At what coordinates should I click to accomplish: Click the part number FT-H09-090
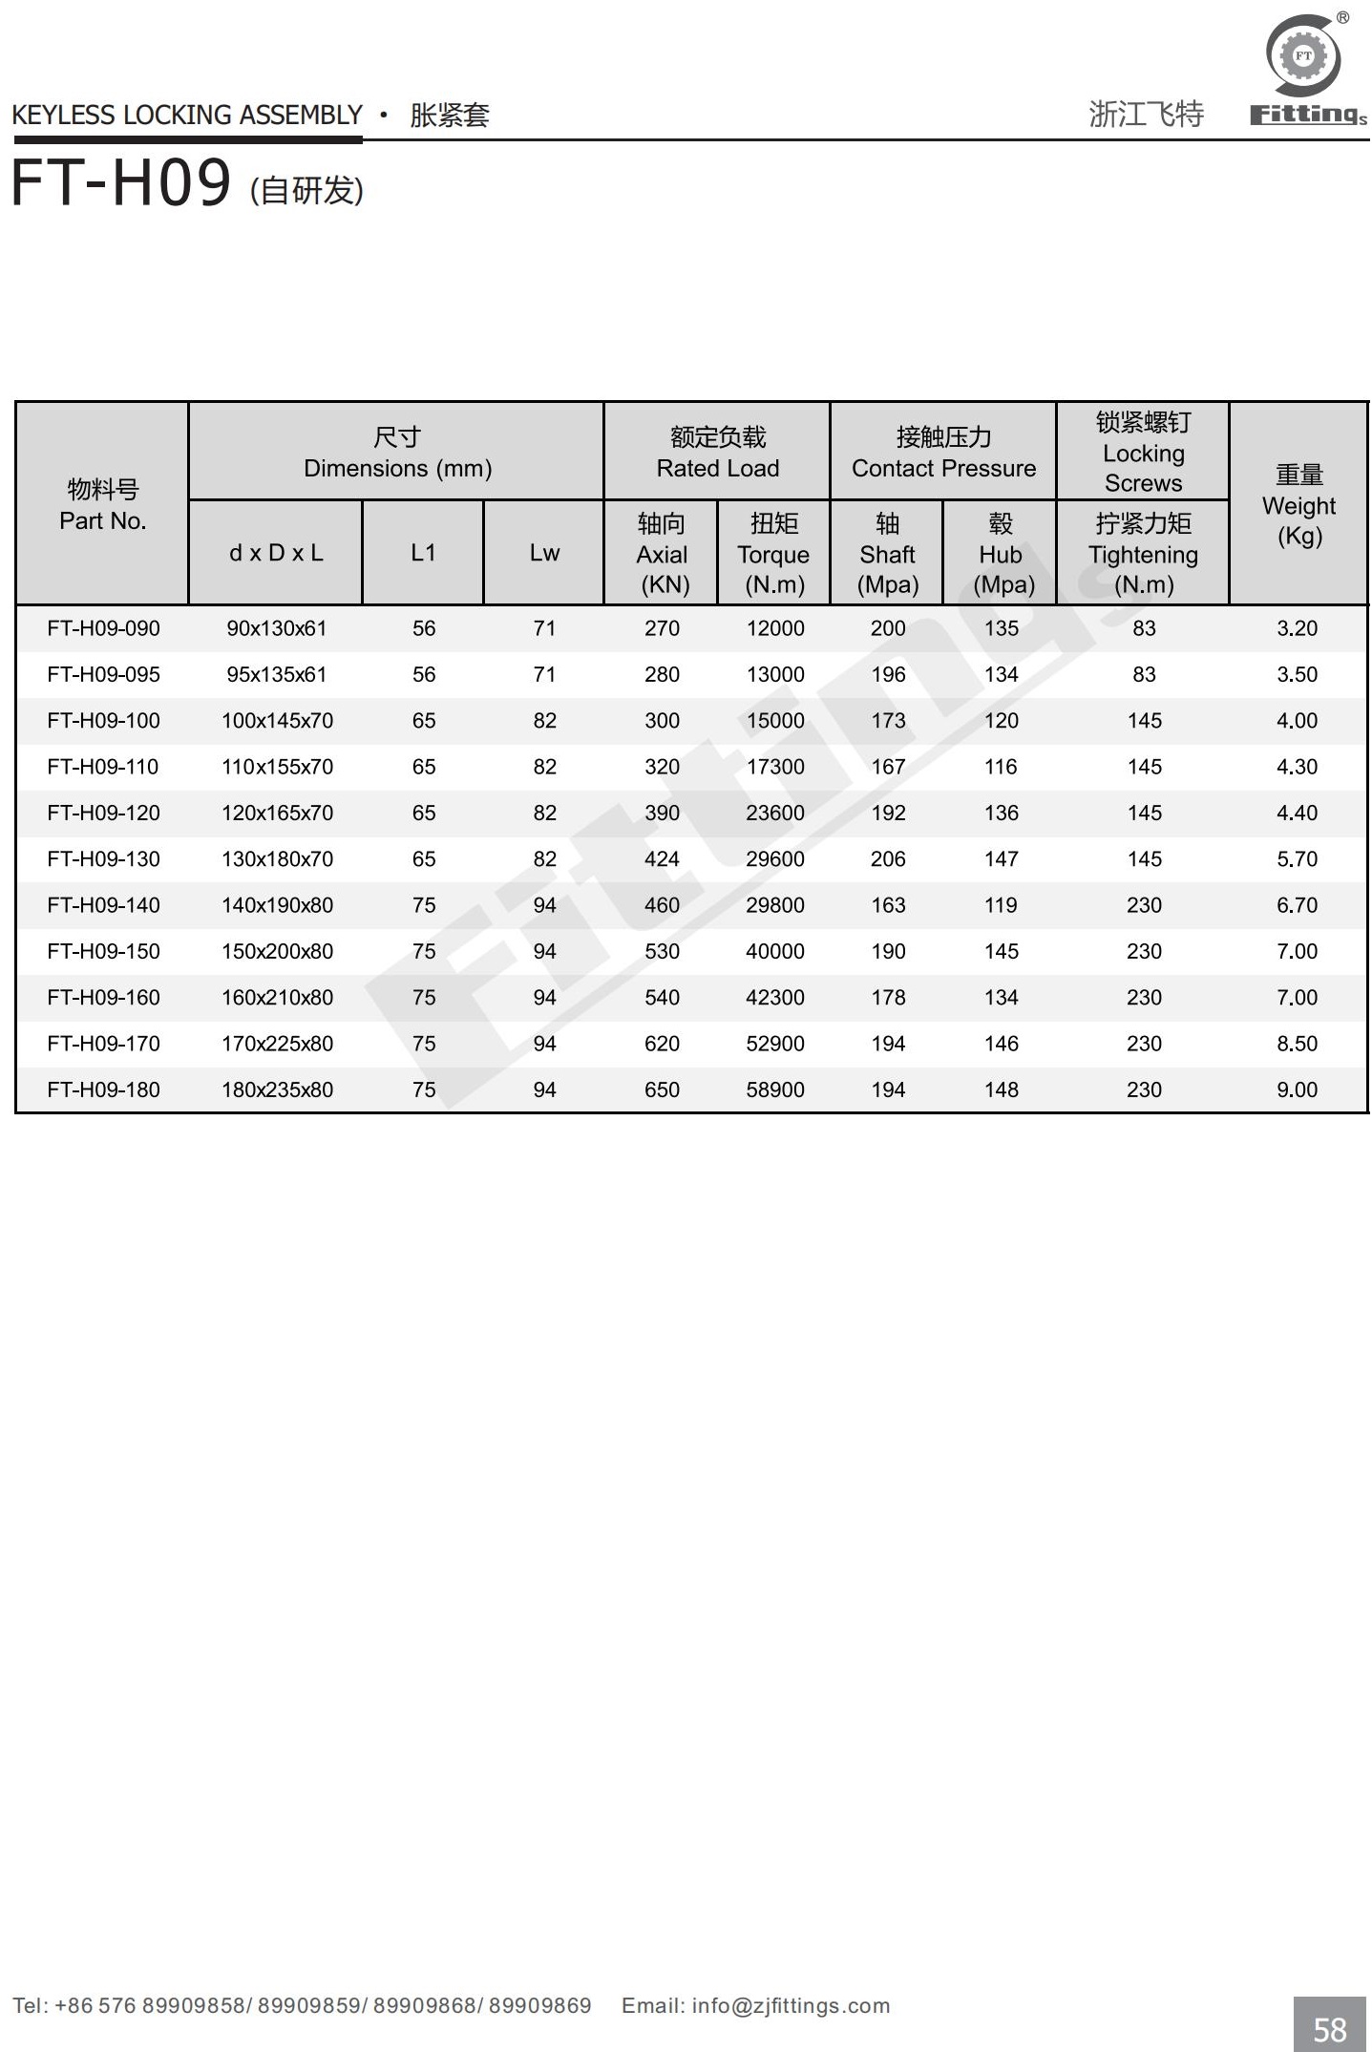(103, 628)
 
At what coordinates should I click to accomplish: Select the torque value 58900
(774, 1089)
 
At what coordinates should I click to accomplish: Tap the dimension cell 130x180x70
(277, 859)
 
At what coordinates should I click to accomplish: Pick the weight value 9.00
(1297, 1089)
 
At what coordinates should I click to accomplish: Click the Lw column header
(544, 553)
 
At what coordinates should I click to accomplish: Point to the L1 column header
(423, 553)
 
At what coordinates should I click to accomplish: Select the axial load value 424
(662, 859)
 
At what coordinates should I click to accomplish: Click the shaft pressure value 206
(888, 859)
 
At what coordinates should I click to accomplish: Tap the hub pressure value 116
(1001, 767)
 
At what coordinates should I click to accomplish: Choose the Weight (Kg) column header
(1298, 505)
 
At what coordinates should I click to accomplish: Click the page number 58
(1330, 2028)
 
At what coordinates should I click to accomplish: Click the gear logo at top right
(1303, 55)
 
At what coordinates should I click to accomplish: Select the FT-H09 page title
(121, 183)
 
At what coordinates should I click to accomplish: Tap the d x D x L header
(276, 553)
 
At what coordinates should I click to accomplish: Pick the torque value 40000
(774, 951)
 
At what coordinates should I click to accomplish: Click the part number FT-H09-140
(103, 905)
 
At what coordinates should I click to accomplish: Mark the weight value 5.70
(1297, 859)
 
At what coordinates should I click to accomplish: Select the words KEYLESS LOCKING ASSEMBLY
(187, 116)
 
